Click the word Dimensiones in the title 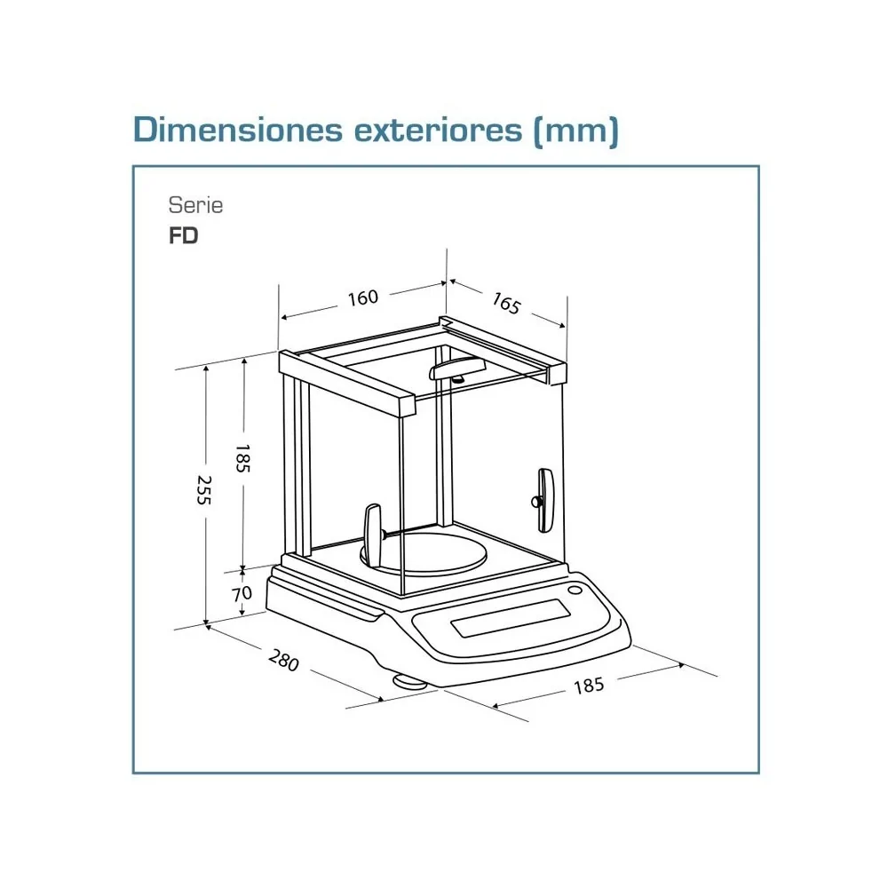tap(238, 130)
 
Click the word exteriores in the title tap(439, 131)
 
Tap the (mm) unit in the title tap(576, 131)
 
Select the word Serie tap(195, 205)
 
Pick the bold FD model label tap(184, 235)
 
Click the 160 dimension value tap(362, 297)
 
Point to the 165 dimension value tap(506, 303)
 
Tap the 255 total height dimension tap(204, 490)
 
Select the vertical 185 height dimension tap(242, 459)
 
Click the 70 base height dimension tap(242, 593)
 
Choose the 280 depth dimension tap(284, 661)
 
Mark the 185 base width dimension tap(589, 686)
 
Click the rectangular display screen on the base tap(511, 618)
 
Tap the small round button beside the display tap(575, 591)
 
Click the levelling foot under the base tap(410, 681)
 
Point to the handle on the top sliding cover tap(457, 369)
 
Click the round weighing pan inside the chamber tap(424, 552)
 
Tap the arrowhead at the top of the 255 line tap(206, 369)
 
